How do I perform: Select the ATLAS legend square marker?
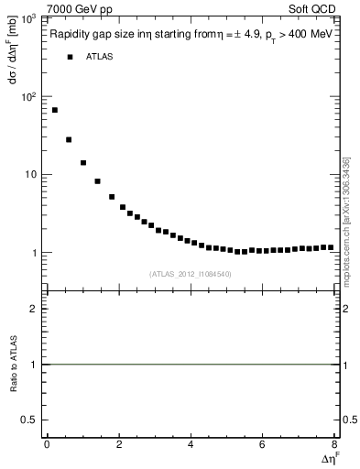70,57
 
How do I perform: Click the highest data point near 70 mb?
55,110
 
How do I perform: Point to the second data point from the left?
69,139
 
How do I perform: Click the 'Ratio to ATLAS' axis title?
14,364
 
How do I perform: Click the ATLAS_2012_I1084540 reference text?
191,273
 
